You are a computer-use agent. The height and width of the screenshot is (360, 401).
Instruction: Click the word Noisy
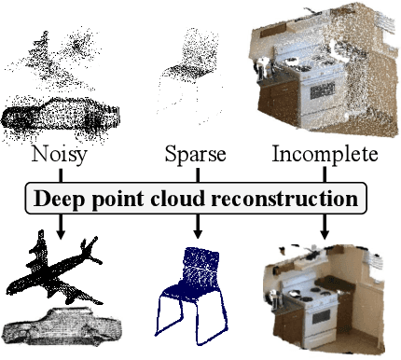(59, 154)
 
